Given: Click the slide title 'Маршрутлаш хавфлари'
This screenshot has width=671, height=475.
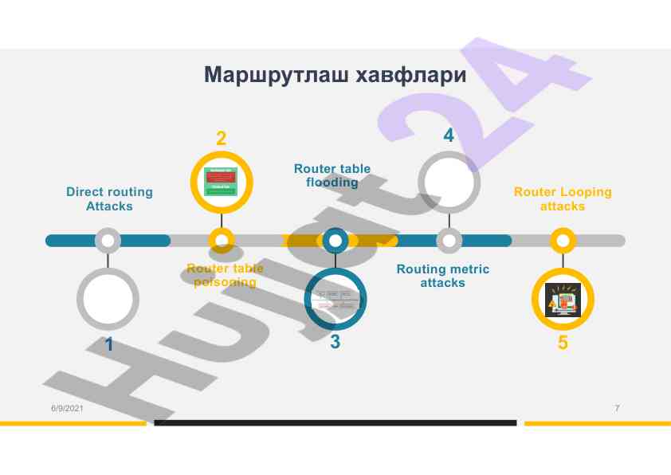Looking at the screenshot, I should coord(335,76).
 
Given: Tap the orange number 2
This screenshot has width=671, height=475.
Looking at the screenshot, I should coord(221,138).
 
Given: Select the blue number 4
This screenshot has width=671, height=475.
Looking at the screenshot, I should coord(449,135).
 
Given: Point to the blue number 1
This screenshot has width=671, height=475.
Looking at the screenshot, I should coord(109,345).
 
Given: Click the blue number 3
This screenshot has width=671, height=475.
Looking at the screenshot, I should coord(335,342).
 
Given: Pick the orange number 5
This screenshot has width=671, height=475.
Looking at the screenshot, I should coord(563,343).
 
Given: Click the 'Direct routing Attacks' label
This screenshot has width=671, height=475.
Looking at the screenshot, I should coord(109,199).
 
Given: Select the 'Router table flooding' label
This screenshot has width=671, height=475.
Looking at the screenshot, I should coord(332,175).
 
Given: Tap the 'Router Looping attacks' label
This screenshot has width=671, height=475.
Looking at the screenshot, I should coord(563,199).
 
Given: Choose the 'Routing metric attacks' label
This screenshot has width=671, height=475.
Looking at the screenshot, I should coord(443,276).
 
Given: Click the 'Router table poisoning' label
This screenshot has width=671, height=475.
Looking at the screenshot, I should coord(225,276).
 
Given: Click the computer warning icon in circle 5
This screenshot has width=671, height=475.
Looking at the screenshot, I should coord(563,300).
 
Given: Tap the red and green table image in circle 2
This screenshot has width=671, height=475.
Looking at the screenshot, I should coord(221,182).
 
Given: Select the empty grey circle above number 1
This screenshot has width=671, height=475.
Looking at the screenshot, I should coord(108,300).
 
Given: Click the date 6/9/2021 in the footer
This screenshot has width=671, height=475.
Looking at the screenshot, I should coord(67,408).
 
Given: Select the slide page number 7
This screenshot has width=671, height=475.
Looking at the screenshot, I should coord(617,408).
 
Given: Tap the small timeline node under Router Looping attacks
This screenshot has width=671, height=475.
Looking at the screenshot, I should coord(563,240).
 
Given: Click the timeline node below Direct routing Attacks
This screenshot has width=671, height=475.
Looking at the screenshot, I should coord(108,240).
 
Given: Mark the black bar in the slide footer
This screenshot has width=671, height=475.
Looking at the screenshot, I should coord(335,422).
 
